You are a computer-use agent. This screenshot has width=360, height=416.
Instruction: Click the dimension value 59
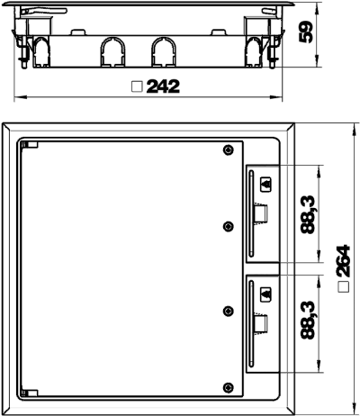[x=306, y=32]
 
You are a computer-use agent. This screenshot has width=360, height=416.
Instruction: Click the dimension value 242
[x=163, y=86]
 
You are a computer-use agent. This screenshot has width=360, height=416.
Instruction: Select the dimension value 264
[x=343, y=260]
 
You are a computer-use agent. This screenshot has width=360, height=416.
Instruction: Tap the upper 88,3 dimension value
[x=308, y=214]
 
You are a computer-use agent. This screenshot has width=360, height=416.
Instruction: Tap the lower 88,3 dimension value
[x=308, y=320]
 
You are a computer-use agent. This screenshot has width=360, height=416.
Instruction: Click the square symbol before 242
[x=137, y=86]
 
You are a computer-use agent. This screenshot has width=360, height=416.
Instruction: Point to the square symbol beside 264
[x=343, y=287]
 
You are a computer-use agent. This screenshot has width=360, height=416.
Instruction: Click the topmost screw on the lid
[x=229, y=149]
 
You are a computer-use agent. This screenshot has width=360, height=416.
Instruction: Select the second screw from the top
[x=229, y=226]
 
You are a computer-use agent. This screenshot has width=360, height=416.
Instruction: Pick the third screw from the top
[x=229, y=311]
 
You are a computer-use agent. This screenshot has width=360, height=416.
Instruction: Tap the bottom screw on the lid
[x=229, y=387]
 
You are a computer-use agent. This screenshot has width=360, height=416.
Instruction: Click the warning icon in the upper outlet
[x=265, y=185]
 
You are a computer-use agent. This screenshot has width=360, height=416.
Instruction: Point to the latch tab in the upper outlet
[x=260, y=213]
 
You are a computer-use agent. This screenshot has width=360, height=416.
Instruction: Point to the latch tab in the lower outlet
[x=260, y=323]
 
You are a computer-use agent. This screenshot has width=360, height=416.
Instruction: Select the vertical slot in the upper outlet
[x=251, y=213]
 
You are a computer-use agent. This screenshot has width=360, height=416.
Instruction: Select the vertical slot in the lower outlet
[x=251, y=323]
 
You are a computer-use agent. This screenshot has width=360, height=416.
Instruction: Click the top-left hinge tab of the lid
[x=31, y=145]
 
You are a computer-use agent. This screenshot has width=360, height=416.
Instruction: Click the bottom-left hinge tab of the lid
[x=31, y=393]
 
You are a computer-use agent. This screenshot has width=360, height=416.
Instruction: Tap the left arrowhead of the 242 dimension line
[x=21, y=97]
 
